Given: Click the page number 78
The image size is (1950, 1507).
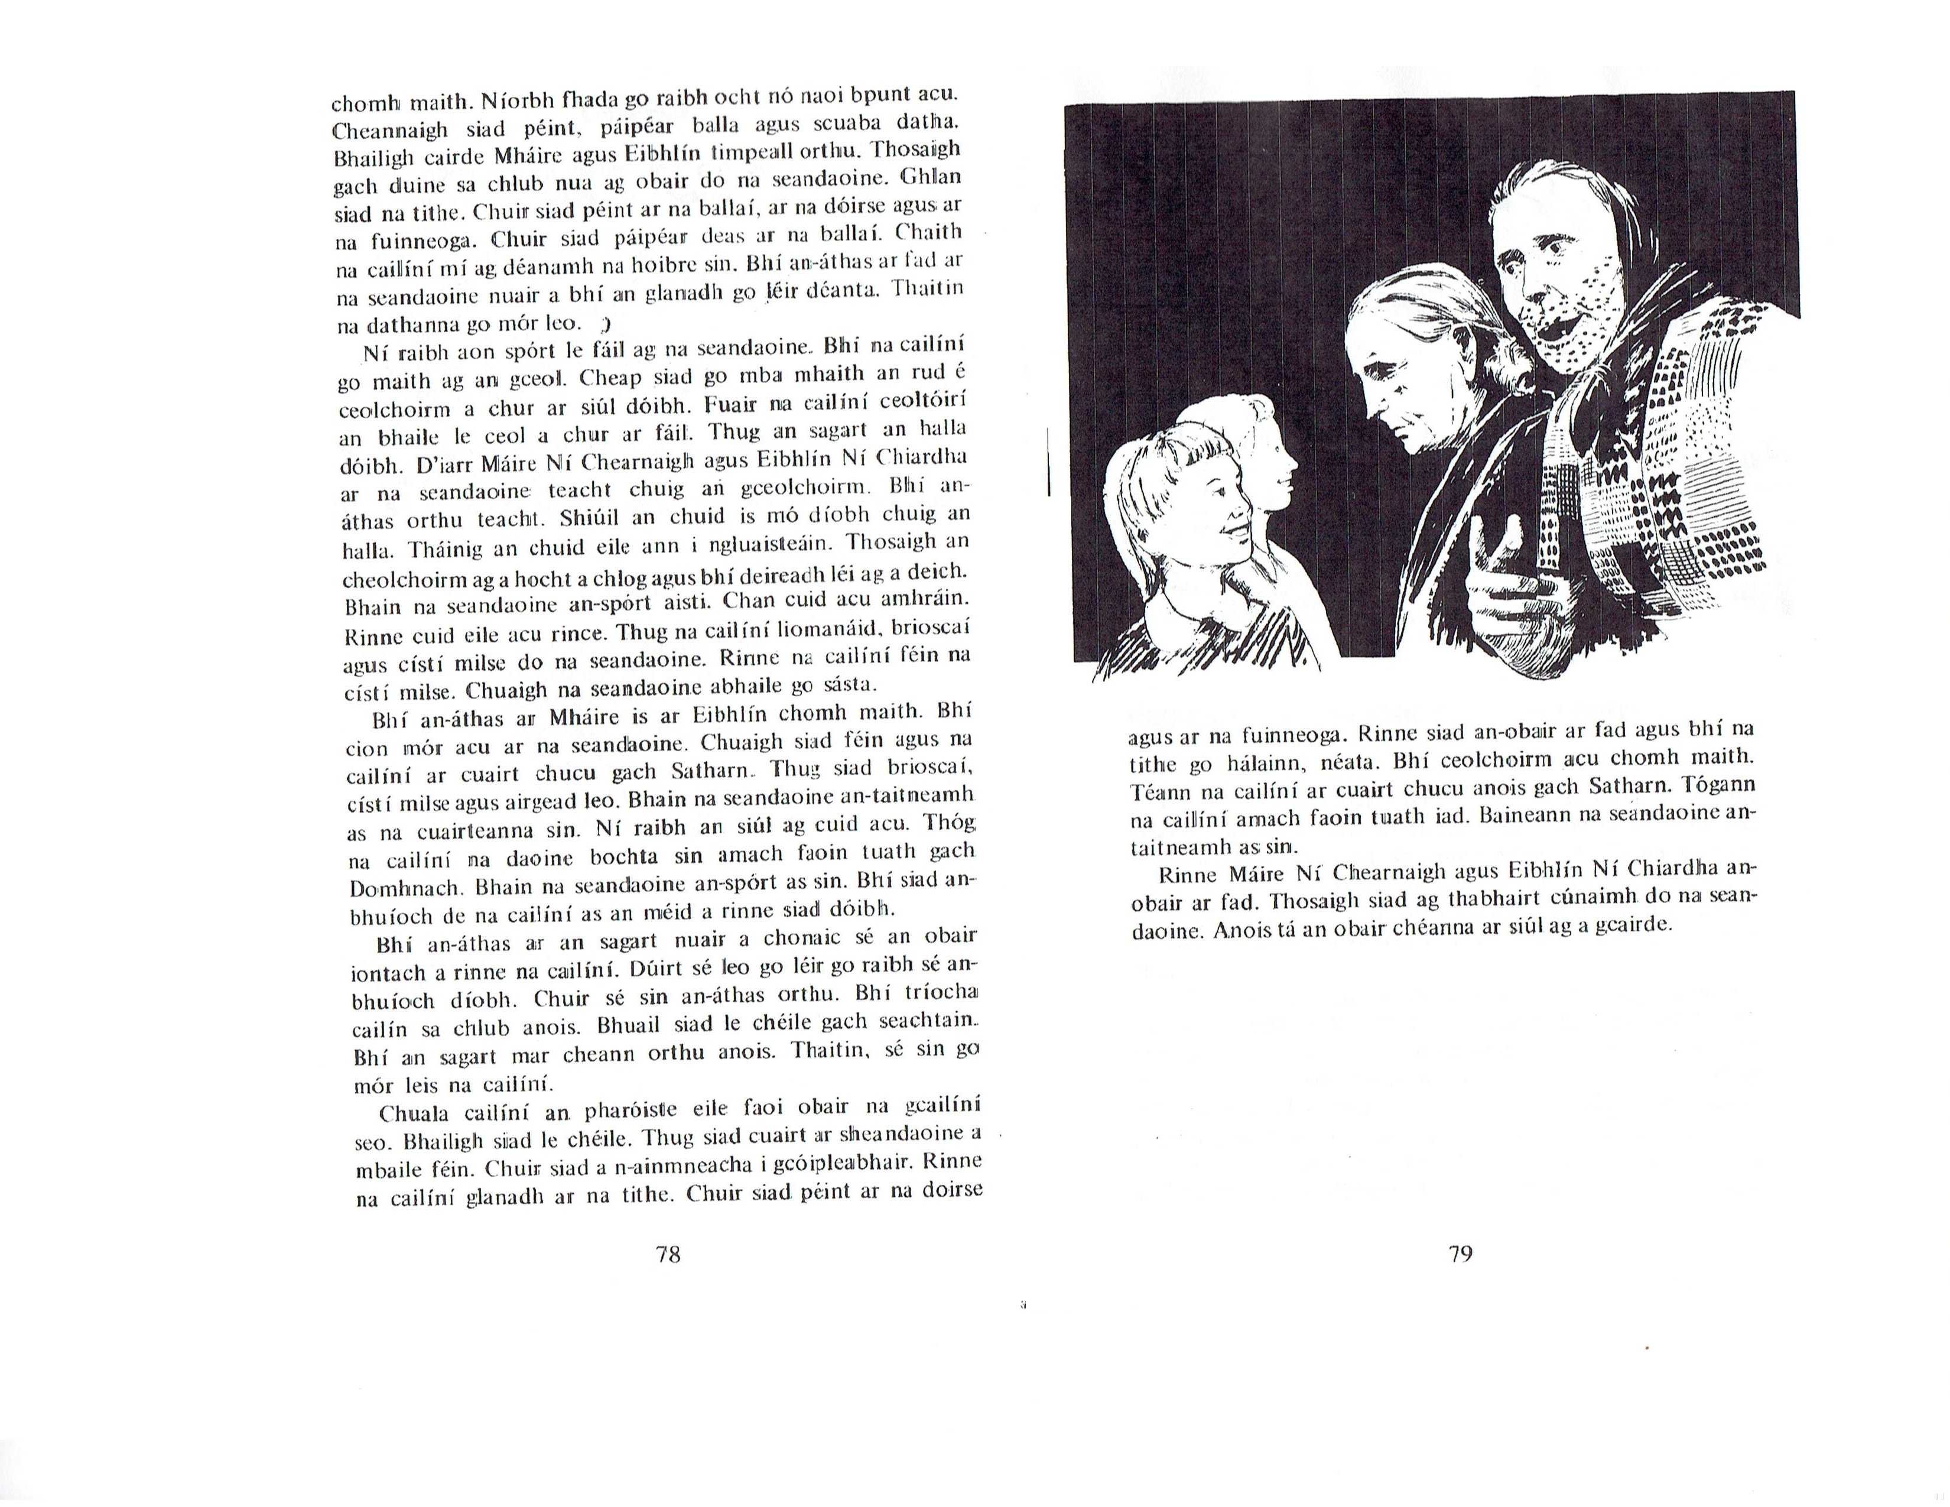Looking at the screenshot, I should click(x=668, y=1254).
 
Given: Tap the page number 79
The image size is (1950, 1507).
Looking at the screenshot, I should click(x=1460, y=1254).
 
